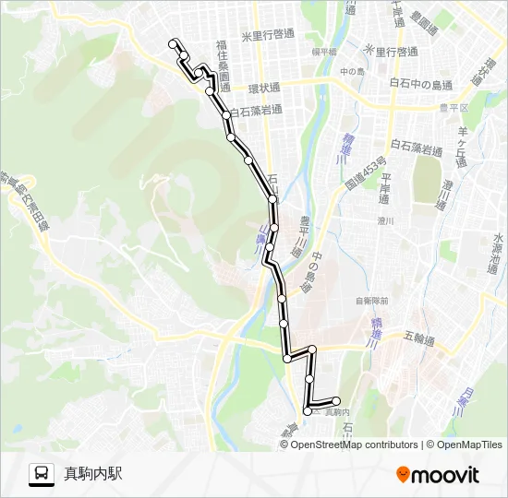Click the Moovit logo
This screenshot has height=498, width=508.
pyautogui.click(x=438, y=475)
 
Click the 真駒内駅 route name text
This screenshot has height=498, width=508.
pyautogui.click(x=92, y=474)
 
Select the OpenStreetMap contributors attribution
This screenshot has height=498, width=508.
pyautogui.click(x=354, y=445)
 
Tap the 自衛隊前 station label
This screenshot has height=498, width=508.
pyautogui.click(x=371, y=301)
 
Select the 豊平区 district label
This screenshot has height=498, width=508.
pyautogui.click(x=458, y=107)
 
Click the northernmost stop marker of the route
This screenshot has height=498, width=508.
pyautogui.click(x=173, y=42)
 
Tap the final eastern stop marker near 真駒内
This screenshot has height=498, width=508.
pyautogui.click(x=336, y=400)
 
